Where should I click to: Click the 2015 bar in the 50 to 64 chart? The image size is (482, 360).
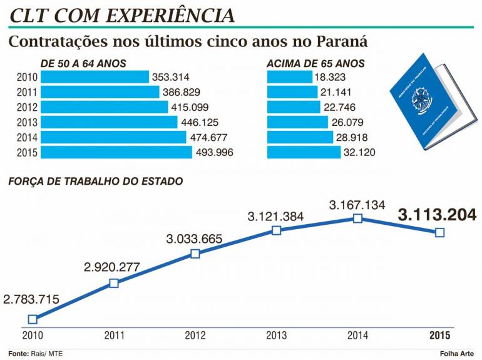(116, 152)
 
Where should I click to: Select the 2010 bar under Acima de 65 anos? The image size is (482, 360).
(290, 77)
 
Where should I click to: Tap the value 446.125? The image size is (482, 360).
(200, 122)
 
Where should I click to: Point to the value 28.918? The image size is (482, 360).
(352, 137)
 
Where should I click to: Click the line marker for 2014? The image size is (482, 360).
(357, 219)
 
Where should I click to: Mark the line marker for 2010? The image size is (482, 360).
(33, 319)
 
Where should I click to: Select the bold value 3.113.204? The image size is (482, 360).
(437, 215)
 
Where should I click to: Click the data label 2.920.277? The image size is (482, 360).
(112, 267)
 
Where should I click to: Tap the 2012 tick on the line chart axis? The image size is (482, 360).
(195, 335)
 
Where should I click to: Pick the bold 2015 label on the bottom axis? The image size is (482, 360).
(439, 335)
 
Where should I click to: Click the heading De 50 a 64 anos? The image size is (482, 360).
(83, 64)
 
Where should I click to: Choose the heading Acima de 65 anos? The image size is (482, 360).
(315, 64)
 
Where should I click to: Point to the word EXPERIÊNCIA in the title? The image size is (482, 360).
(170, 16)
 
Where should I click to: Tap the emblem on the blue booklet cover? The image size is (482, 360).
(419, 101)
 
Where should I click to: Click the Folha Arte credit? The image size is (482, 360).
(457, 354)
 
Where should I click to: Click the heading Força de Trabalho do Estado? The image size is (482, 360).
(96, 182)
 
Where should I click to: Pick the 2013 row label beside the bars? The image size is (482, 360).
(27, 122)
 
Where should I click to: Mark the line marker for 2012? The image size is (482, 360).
(195, 254)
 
